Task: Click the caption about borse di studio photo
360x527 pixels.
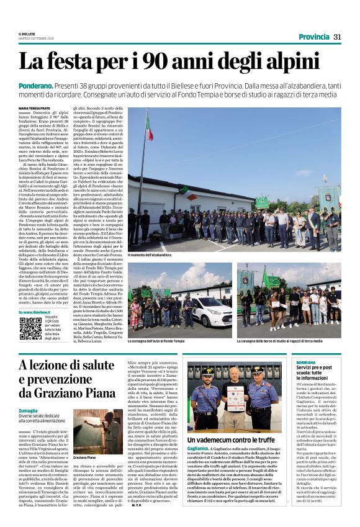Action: coord(279,341)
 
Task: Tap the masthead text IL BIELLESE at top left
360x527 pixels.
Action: coord(29,35)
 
